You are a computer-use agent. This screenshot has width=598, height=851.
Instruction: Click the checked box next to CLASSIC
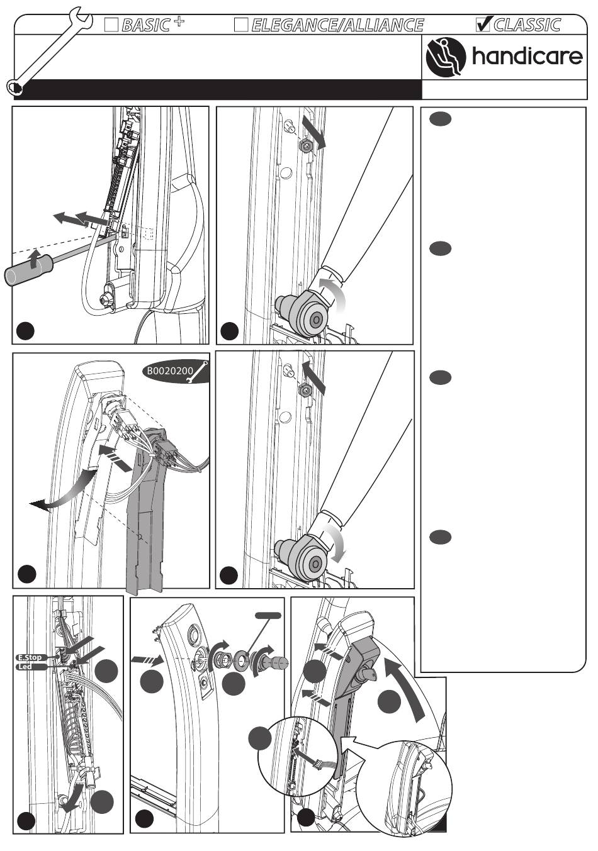pyautogui.click(x=483, y=24)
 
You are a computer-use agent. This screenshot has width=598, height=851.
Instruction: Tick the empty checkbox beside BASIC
pyautogui.click(x=111, y=25)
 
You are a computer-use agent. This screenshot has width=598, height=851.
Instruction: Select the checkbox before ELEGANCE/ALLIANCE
pyautogui.click(x=240, y=25)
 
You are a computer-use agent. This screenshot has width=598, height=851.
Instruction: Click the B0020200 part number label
pyautogui.click(x=170, y=371)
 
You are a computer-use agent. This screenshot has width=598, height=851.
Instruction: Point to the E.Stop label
pyautogui.click(x=30, y=657)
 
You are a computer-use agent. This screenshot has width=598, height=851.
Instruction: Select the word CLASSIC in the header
pyautogui.click(x=527, y=25)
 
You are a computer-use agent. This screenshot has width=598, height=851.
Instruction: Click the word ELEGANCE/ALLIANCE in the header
pyautogui.click(x=337, y=25)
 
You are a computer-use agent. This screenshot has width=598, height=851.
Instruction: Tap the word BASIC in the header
pyautogui.click(x=146, y=25)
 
